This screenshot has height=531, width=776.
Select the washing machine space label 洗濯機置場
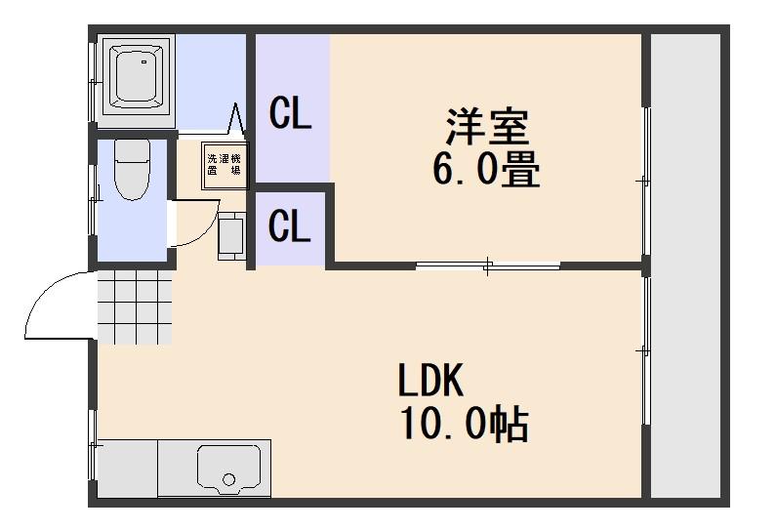[225, 164]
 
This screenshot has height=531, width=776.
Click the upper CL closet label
[290, 115]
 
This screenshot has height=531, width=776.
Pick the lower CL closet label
[290, 228]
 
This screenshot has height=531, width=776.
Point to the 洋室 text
[486, 128]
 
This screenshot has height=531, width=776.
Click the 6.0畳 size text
[486, 172]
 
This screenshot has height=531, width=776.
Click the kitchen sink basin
[230, 469]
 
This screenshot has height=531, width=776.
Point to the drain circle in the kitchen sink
[229, 479]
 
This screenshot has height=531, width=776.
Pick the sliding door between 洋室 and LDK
[488, 265]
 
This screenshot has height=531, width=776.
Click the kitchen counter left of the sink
[127, 469]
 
